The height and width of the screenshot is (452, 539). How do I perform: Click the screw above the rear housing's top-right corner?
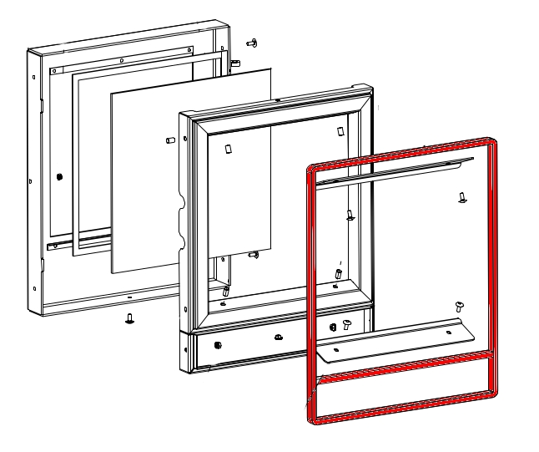coord(250,41)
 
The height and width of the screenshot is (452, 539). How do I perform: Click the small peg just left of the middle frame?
coord(170,140)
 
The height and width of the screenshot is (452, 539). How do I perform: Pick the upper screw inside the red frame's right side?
coord(461,198)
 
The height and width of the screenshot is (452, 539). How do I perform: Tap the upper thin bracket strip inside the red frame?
coord(392,172)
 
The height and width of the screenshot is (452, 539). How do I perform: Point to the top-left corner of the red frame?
coord(311,170)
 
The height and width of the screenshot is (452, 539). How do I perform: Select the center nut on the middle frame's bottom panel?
coord(277,338)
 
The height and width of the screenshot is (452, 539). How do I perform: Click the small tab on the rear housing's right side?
coord(236,63)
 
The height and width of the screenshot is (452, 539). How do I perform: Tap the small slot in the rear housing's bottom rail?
coord(129,297)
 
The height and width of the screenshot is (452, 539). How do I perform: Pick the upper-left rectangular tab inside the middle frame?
coord(226,147)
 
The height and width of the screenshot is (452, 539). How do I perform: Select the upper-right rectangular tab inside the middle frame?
coord(339,131)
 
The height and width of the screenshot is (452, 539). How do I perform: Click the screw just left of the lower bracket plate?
coord(347,324)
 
